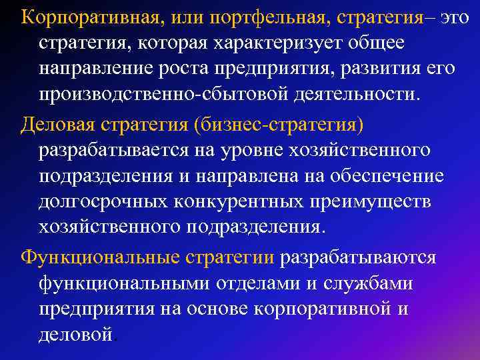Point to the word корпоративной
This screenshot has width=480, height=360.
[x=321, y=309]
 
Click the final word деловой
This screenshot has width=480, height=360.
[x=76, y=333]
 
